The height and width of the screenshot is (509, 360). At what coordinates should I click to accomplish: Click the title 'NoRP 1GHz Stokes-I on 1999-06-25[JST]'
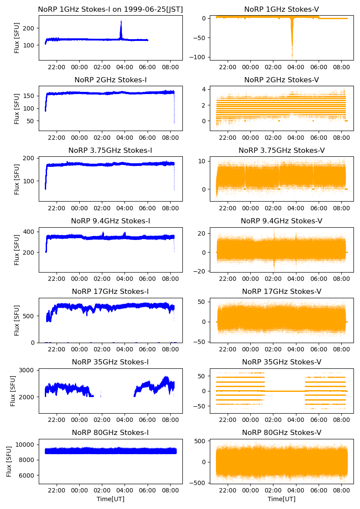coord(111,9)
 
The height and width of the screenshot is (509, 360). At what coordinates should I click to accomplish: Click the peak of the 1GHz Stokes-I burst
coord(121,21)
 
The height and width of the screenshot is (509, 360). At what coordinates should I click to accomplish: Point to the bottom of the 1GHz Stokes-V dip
coord(292,56)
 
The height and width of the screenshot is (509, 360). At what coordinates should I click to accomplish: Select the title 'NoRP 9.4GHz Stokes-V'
coord(282,221)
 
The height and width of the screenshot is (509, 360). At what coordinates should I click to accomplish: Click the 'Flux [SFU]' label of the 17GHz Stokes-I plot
coord(17,320)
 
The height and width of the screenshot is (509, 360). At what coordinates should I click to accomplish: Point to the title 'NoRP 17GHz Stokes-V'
coord(282,292)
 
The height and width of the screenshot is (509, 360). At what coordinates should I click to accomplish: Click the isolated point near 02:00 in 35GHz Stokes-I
coord(101,396)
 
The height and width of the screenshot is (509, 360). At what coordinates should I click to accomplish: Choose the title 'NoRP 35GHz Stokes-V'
coord(282,362)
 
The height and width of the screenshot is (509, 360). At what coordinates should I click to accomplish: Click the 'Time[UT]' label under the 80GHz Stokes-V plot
coord(282,499)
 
